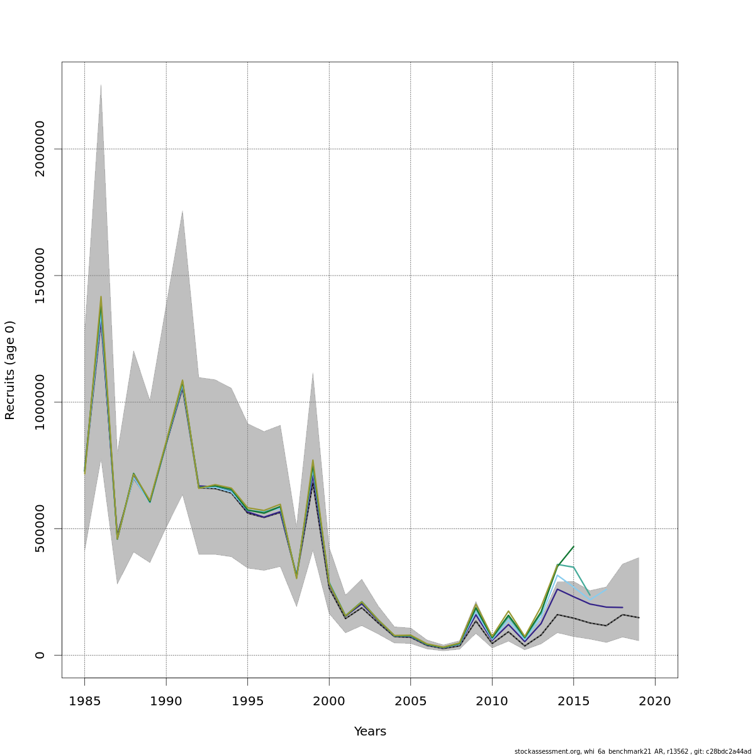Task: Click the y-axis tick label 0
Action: coord(40,655)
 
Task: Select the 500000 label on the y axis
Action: coord(40,528)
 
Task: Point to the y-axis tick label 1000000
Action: coord(40,402)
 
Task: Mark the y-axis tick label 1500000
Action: coord(40,276)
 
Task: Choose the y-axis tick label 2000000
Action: coord(40,148)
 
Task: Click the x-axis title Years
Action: coord(370,732)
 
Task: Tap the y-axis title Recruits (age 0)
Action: coord(10,370)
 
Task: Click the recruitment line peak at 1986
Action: coord(101,298)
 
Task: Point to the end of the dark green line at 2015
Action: coord(573,547)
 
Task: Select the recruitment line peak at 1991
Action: coord(182,381)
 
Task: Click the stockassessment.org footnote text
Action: coord(632,751)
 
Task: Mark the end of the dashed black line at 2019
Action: coord(639,618)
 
